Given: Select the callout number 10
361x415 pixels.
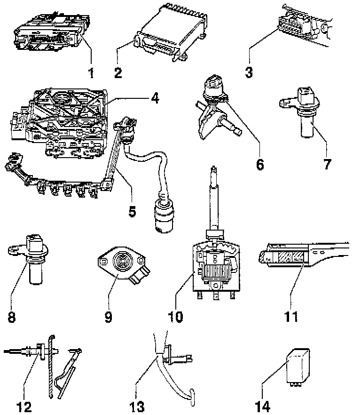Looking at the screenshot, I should point(176,317).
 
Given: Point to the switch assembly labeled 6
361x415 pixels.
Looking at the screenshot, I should point(215,99).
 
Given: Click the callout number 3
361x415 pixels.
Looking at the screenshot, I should point(249,73).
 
